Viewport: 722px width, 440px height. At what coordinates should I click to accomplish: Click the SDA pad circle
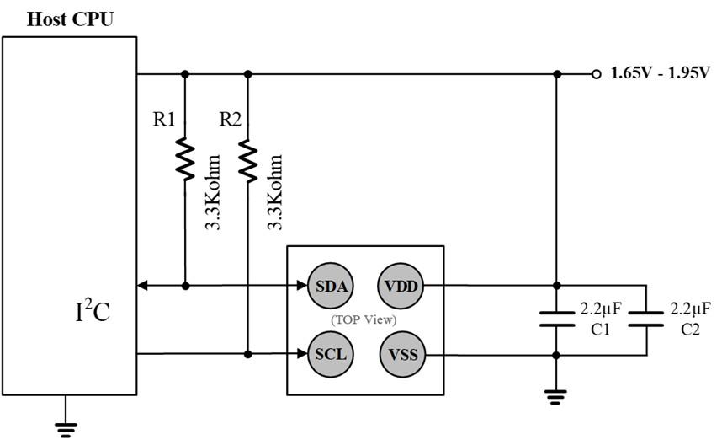tap(331, 286)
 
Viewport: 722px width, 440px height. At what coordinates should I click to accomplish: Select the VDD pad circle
tap(401, 286)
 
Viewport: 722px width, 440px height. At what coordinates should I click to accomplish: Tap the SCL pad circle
tap(331, 354)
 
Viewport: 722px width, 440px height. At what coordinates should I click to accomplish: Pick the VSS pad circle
tap(402, 355)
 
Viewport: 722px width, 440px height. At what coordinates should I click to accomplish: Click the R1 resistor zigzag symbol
tap(185, 158)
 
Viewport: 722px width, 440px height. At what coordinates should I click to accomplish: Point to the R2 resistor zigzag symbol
tap(247, 160)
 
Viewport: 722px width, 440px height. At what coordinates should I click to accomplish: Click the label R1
tap(164, 120)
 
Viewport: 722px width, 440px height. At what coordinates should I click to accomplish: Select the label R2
tap(231, 120)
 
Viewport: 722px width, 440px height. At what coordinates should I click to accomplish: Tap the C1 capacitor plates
tap(557, 319)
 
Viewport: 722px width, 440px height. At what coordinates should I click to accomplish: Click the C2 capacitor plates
tap(646, 319)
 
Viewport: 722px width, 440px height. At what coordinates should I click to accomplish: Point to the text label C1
tap(600, 330)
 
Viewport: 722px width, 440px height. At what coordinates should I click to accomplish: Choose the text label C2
tap(690, 330)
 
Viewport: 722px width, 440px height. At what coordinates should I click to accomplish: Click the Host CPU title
tap(70, 19)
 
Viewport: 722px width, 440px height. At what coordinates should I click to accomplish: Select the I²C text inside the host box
tap(93, 311)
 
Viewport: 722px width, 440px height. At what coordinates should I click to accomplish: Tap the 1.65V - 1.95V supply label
tap(661, 72)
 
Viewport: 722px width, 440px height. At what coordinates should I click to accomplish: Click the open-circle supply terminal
tap(597, 74)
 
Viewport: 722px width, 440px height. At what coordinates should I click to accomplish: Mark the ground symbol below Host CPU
tap(66, 429)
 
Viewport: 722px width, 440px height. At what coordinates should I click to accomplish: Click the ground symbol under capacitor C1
tap(555, 397)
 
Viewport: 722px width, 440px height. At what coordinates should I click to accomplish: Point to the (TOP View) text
tap(364, 319)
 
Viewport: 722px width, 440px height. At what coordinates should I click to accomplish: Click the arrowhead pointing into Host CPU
tap(142, 286)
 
